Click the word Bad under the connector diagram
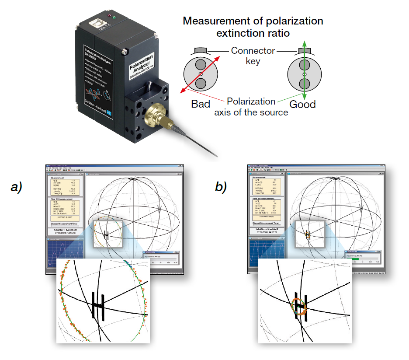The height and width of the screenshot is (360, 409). [201, 105]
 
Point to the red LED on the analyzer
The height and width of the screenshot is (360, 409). [104, 14]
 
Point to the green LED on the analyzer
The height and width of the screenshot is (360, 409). [114, 18]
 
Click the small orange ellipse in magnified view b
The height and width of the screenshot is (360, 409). [299, 307]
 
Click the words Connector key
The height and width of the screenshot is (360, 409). [253, 56]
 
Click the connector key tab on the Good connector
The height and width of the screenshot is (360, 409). [305, 51]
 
